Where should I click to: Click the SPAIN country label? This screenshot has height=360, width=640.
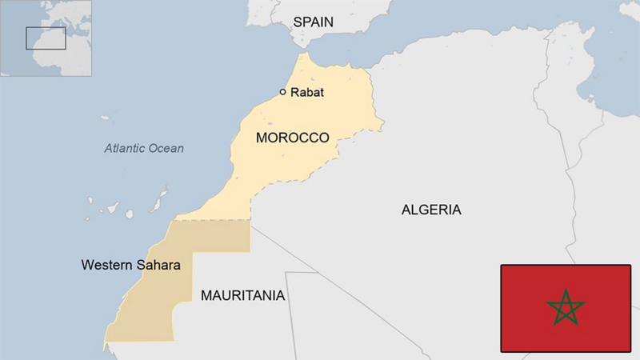[x=313, y=22]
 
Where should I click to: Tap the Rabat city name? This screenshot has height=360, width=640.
[x=307, y=93]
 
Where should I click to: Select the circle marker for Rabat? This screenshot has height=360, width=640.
[x=282, y=92]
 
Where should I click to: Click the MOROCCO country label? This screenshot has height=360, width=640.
[x=292, y=138]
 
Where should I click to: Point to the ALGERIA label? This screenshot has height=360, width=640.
[x=431, y=210]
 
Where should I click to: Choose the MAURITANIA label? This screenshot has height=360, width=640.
[x=242, y=295]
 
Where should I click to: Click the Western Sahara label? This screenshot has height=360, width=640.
[x=130, y=264]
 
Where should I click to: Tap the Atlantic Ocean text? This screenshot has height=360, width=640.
[x=144, y=148]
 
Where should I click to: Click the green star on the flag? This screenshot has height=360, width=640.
[x=566, y=308]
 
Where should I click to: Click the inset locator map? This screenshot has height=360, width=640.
[x=46, y=38]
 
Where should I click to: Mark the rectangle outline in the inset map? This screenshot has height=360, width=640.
[x=46, y=38]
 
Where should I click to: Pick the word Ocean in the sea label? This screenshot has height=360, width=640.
[x=166, y=148]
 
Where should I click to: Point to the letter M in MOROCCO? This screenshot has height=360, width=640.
[x=261, y=138]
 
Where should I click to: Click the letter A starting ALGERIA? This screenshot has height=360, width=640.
[x=406, y=210]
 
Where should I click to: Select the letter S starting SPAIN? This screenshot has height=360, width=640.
[x=297, y=22]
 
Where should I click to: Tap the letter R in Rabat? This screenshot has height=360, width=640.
[x=294, y=93]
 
